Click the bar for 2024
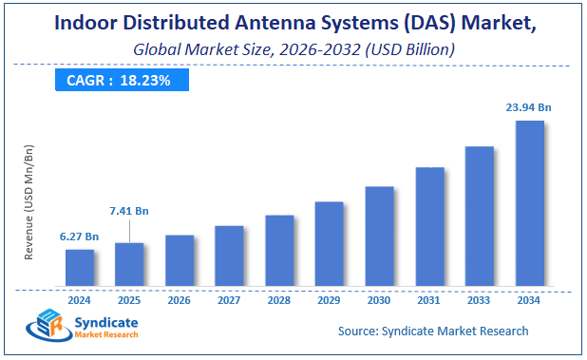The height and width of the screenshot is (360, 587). point(80,267)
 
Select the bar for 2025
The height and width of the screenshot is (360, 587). point(129,263)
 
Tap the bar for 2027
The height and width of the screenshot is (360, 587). point(229,255)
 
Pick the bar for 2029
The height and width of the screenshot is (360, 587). point(329,243)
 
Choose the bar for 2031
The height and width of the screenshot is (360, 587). point(429,226)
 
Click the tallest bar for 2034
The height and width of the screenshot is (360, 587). point(529,202)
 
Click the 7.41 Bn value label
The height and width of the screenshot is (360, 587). point(129,209)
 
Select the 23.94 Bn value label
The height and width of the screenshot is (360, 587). point(529,108)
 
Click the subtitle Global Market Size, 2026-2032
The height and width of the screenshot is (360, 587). point(293,47)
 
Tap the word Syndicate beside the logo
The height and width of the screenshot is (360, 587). point(106,323)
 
